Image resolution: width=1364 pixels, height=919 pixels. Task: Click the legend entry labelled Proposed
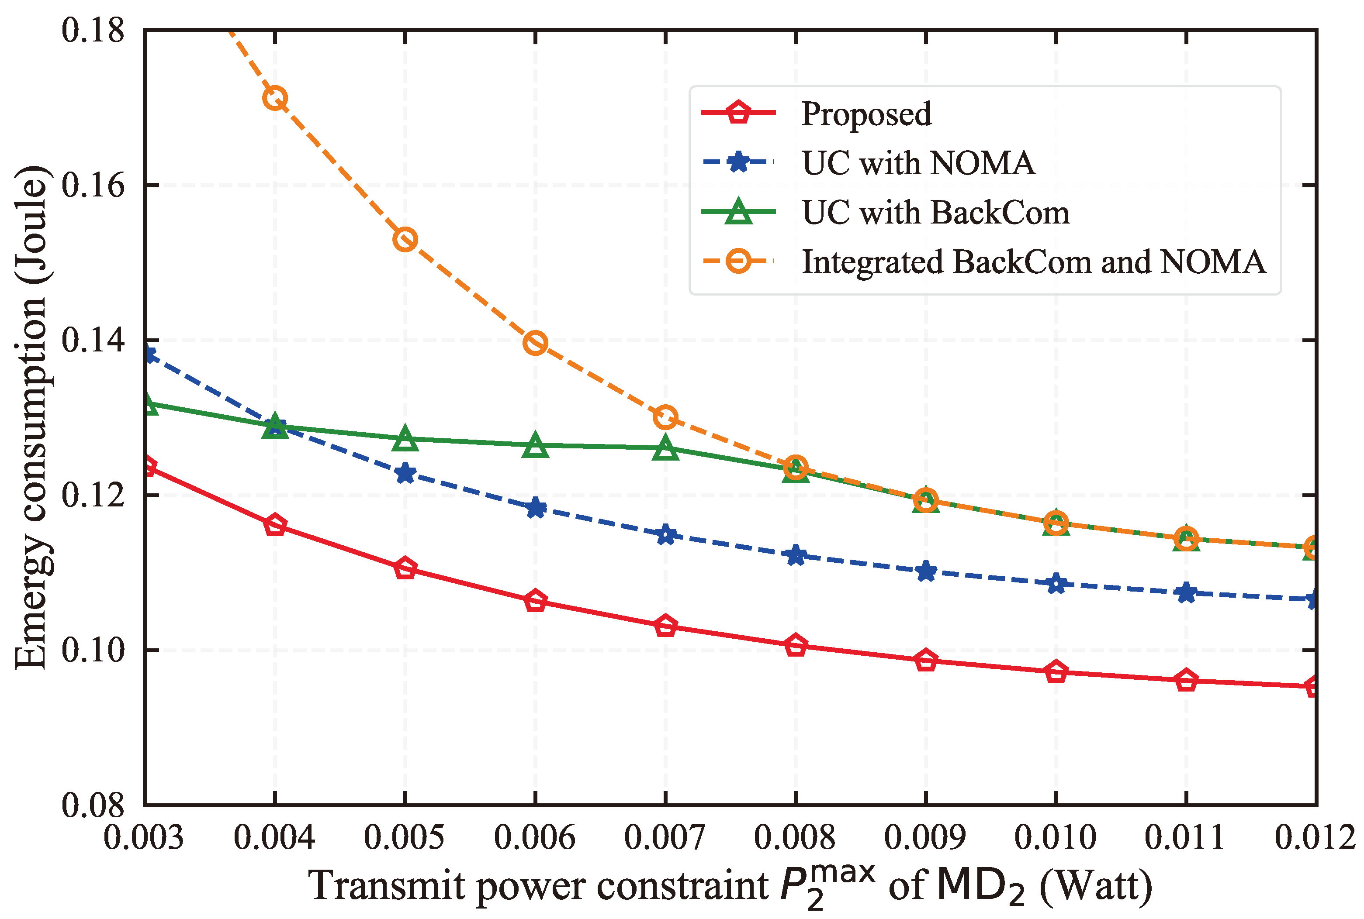(x=865, y=114)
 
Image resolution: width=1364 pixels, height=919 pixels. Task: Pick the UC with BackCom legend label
(x=935, y=212)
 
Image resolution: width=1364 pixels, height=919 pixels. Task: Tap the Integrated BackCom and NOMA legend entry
(x=1033, y=262)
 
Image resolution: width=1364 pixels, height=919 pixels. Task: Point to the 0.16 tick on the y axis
(x=93, y=185)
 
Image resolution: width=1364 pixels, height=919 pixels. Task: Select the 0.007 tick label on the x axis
(x=665, y=837)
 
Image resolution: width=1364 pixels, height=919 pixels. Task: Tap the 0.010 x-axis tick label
(x=1056, y=837)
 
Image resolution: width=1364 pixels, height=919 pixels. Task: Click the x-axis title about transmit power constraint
(x=730, y=885)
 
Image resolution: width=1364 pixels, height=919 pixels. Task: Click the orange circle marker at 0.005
(x=405, y=239)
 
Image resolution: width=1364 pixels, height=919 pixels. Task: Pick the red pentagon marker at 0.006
(x=535, y=601)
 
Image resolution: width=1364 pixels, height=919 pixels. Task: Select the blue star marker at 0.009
(x=926, y=571)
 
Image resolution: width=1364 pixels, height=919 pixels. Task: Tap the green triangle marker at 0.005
(x=405, y=440)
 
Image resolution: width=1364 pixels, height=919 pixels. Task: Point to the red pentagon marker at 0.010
(x=1056, y=671)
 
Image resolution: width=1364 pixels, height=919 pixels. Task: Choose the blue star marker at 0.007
(x=665, y=534)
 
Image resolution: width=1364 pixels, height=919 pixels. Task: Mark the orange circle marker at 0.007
(x=665, y=417)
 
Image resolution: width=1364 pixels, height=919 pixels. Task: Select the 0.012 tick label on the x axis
(x=1316, y=837)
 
